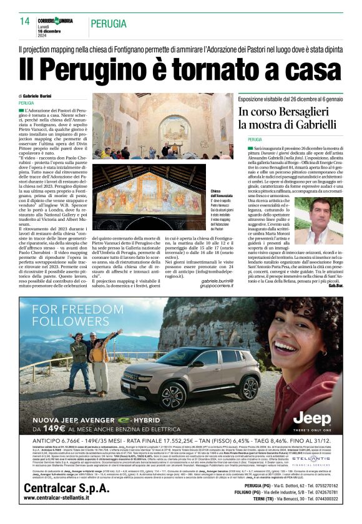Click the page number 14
pos(25,21)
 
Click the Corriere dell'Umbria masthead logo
pos(54,20)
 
